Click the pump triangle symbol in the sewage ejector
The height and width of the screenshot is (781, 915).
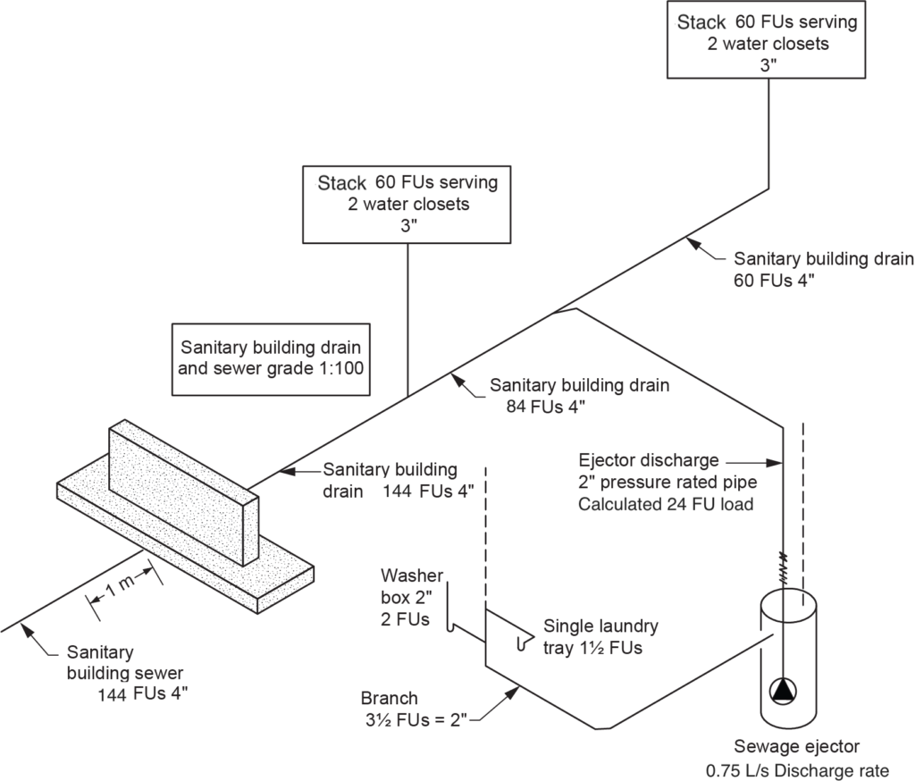pyautogui.click(x=783, y=689)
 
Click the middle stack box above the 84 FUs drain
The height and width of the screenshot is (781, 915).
pyautogui.click(x=407, y=204)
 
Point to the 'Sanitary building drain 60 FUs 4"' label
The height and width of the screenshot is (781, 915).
pyautogui.click(x=823, y=269)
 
